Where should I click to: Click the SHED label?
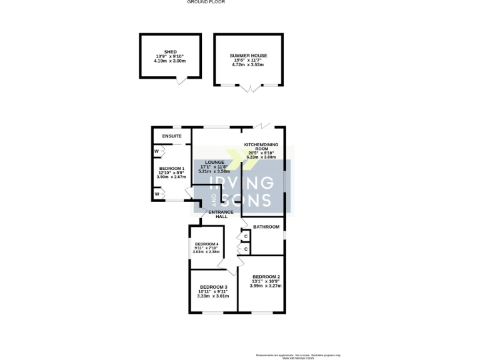coord(171,52)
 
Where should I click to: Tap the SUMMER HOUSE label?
coord(249,56)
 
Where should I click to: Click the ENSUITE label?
coord(172,136)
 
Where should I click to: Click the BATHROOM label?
coord(266,227)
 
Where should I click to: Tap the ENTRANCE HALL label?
coord(221,214)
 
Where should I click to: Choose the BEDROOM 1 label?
coord(171,169)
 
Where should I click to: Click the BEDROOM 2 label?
coord(266,276)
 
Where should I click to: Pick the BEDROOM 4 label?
coord(206,244)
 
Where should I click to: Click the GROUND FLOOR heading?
coord(206,2)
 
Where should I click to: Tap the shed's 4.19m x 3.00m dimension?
coord(171,62)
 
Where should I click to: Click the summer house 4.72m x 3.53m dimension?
coord(249,65)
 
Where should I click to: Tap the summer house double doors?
coord(249,89)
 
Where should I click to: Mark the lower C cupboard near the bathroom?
coord(246,249)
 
